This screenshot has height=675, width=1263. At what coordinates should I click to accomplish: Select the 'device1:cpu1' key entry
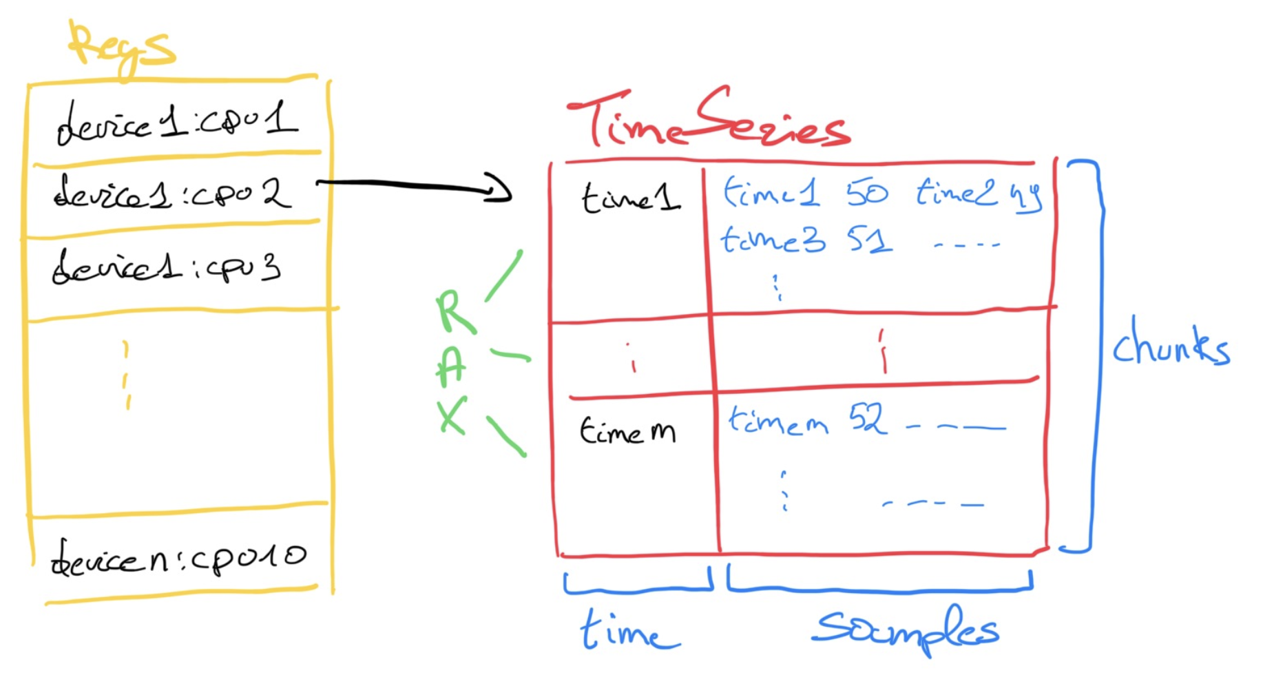pos(177,123)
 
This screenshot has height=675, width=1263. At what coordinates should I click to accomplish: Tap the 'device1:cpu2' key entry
pos(172,194)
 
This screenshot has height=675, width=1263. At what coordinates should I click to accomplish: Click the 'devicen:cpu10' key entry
pos(178,558)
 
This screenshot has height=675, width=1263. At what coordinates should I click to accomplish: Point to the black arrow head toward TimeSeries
pos(501,189)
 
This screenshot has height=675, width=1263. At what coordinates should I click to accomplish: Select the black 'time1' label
pos(631,197)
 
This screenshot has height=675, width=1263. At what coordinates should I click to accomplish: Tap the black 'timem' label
pos(627,431)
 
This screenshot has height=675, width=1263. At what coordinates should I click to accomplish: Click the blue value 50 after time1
pos(867,192)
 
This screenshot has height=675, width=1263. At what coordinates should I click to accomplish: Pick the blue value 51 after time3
pos(870,240)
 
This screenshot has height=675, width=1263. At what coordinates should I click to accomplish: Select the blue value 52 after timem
pos(867,418)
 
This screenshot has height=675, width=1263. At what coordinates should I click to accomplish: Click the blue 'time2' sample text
pos(955,192)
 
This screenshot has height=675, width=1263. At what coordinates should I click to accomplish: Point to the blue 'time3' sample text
pos(772,240)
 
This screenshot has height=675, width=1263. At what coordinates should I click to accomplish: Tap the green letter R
pos(453,312)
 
